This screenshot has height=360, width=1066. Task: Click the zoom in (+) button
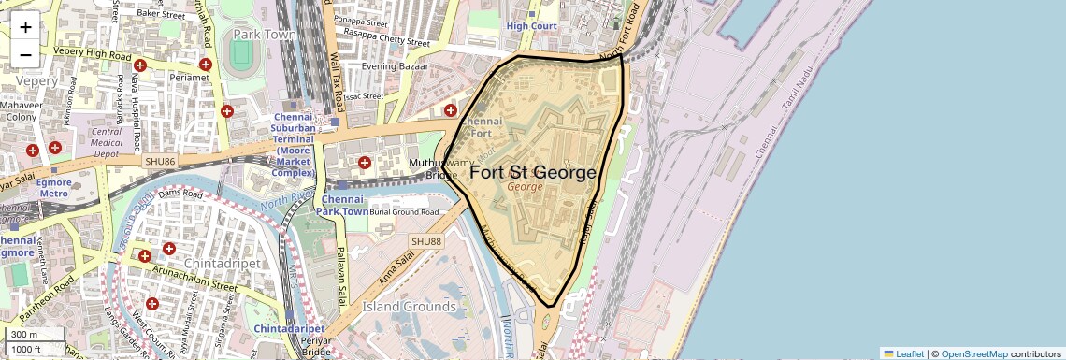point(25,26)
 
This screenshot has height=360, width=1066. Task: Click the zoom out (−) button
point(25,54)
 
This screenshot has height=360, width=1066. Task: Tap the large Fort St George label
point(532,173)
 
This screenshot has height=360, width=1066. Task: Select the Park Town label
point(265,35)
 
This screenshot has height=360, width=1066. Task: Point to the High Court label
point(531,26)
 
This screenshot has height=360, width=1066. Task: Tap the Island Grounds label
point(410,307)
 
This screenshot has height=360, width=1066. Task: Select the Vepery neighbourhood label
point(36,81)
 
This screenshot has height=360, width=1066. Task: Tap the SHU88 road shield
point(425,242)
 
